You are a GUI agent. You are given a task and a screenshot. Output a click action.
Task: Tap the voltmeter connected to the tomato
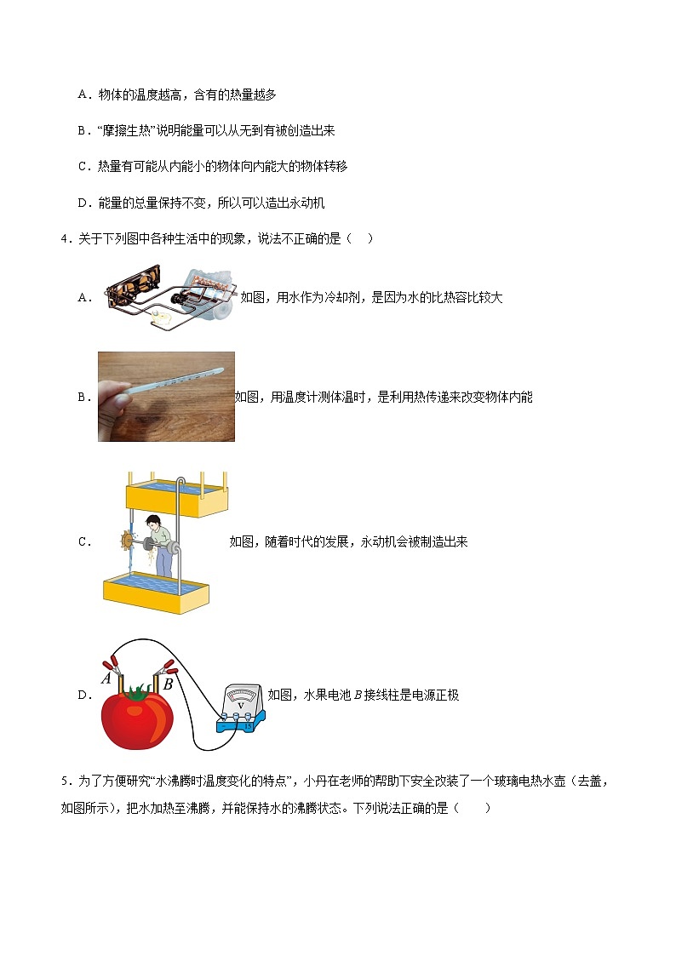click(x=242, y=708)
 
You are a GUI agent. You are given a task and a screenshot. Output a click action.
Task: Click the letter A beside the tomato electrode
click(x=106, y=678)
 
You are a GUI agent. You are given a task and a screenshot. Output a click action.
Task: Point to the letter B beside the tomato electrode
click(x=169, y=684)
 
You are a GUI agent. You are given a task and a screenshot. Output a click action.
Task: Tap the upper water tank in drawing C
click(x=177, y=497)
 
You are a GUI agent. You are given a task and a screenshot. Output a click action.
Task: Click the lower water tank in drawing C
click(x=156, y=592)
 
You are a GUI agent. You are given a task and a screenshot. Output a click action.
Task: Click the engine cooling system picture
click(x=170, y=297)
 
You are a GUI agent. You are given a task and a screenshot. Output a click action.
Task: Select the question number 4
click(x=66, y=238)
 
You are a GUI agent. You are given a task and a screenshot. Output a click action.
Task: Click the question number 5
click(x=66, y=781)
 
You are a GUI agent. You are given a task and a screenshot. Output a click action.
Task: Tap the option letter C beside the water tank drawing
click(x=84, y=541)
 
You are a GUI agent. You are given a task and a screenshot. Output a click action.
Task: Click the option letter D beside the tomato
click(x=84, y=695)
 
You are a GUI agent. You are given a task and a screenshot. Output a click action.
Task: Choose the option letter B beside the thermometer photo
click(x=84, y=397)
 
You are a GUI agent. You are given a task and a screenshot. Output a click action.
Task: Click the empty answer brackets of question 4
click(x=359, y=238)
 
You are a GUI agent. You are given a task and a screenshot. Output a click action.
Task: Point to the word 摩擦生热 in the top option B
click(x=126, y=130)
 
